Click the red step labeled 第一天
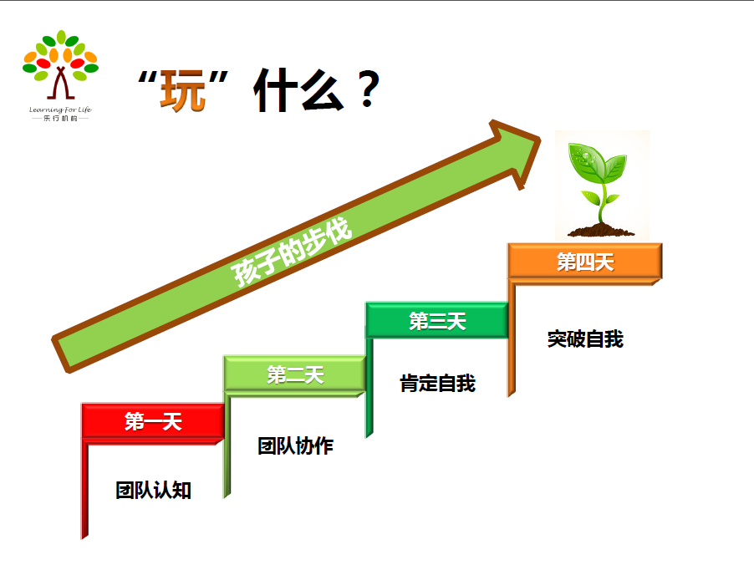point(153,421)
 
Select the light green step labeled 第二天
point(295,374)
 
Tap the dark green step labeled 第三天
point(437,321)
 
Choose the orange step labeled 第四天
point(585,262)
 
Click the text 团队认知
point(154,490)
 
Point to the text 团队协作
point(295,445)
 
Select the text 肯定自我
point(437,384)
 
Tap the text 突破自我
point(585,339)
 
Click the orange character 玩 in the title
point(183,91)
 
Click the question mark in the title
point(369,89)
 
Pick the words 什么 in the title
point(298,90)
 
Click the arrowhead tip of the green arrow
point(541,140)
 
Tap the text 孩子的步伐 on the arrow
point(292,252)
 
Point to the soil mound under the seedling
point(601,231)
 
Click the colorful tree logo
point(60,64)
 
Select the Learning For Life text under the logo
point(60,109)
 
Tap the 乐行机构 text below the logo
point(60,119)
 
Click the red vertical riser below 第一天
point(84,489)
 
